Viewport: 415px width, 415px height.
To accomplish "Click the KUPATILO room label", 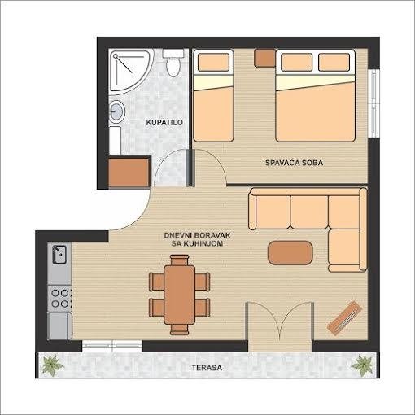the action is pos(164,122).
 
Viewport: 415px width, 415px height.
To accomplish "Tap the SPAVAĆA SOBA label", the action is pos(294,163).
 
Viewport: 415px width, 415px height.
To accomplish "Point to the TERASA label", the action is pos(207,368).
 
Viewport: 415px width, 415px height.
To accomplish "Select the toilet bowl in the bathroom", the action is pos(173,63).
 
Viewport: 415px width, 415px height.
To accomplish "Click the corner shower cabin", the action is pos(129,71).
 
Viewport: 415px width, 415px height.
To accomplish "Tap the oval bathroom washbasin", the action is pos(117,111).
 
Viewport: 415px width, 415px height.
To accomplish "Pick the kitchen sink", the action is pos(59,255).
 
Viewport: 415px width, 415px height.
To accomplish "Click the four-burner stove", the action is pos(60,298).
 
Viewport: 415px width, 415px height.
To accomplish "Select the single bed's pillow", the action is pos(213,62).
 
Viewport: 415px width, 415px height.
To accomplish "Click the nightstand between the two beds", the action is pos(264,58).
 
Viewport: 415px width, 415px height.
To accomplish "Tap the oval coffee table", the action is pos(290,253).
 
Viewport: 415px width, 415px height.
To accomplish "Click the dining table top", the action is pos(180,295).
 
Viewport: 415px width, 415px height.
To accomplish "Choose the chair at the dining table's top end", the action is pos(179,260).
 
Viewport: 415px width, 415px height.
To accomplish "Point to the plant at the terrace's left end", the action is pos(52,365).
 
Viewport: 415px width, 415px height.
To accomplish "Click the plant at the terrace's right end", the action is pos(362,365).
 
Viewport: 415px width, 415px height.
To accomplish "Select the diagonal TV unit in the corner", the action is pos(345,318).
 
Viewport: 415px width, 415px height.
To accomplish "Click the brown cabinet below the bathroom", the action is pos(129,173).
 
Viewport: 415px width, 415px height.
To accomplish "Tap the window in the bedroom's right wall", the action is pos(373,103).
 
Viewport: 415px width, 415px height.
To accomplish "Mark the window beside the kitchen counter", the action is pos(112,345).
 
